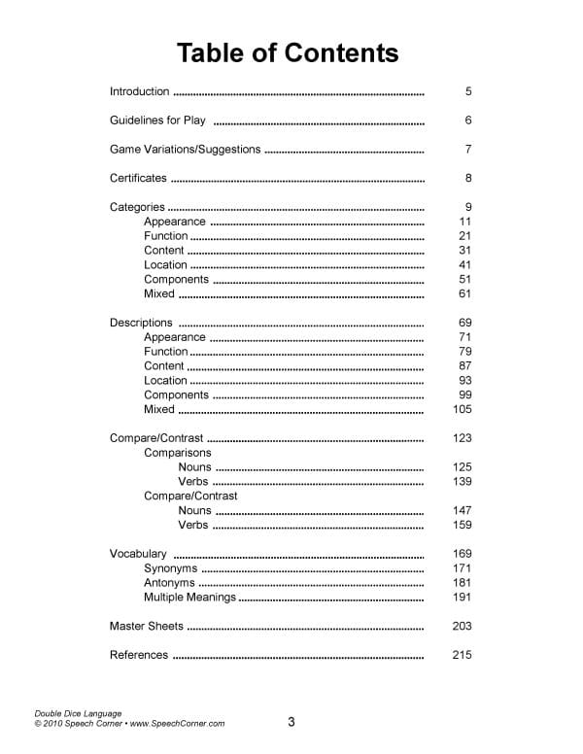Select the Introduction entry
tap(139, 92)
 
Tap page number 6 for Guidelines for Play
tap(468, 121)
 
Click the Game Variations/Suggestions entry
tap(185, 150)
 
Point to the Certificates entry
tap(138, 179)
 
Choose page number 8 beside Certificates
tap(468, 179)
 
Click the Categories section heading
tap(137, 207)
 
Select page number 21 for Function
tap(464, 236)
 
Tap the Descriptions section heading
tap(141, 323)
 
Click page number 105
tap(462, 410)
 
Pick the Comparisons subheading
tap(178, 453)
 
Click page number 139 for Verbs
tap(462, 482)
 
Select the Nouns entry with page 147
tap(194, 510)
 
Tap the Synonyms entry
tap(171, 568)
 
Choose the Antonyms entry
tap(169, 583)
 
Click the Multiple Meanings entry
tap(189, 598)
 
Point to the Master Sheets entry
tap(146, 627)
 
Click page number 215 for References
tap(462, 655)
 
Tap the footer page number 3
tap(291, 722)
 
